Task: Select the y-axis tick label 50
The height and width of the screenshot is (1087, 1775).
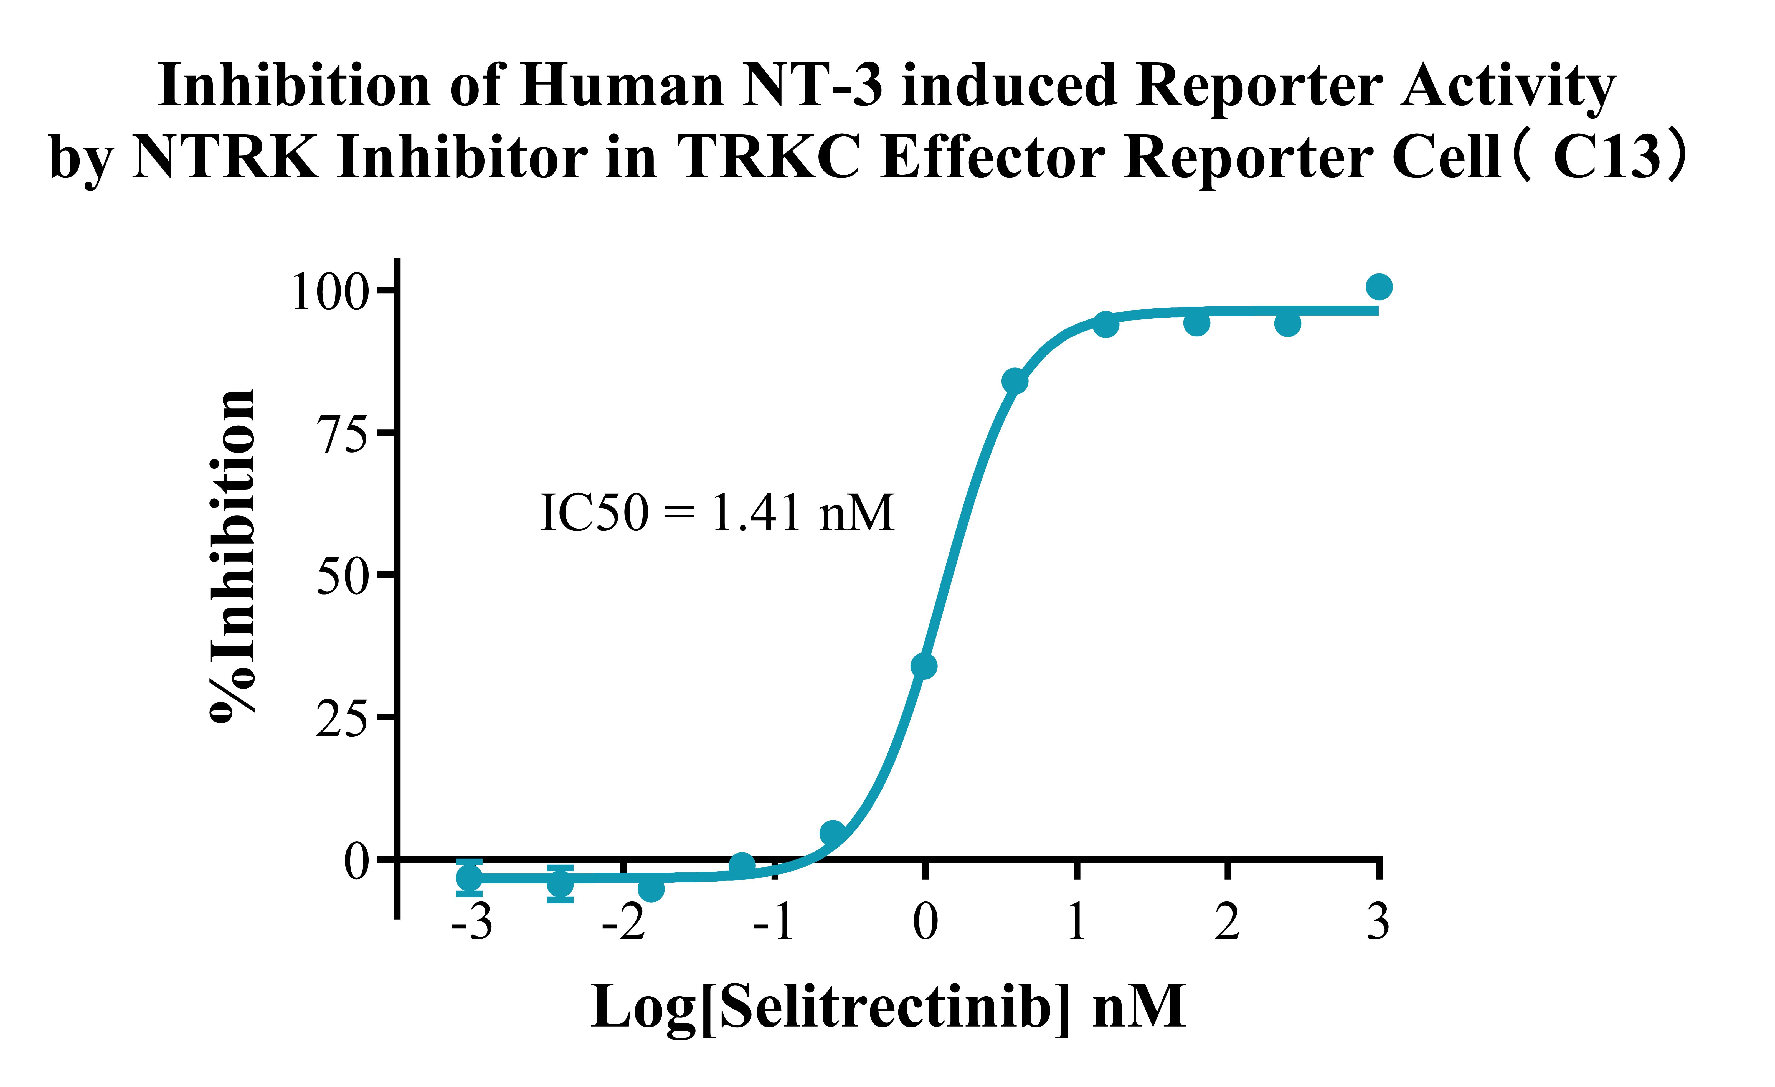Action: tap(344, 577)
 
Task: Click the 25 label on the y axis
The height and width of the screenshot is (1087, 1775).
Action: tap(344, 719)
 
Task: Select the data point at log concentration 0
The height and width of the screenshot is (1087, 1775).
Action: tap(924, 666)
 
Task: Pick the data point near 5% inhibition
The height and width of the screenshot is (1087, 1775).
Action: tap(833, 834)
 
